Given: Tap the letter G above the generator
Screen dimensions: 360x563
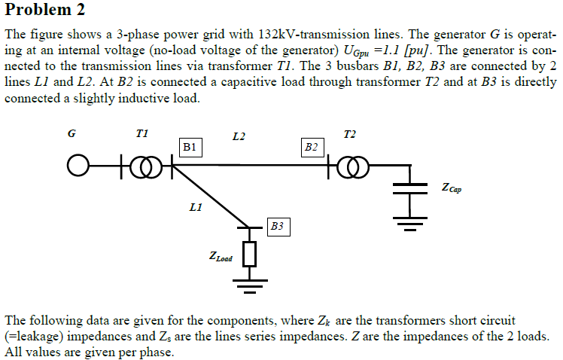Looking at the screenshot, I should coord(72,134).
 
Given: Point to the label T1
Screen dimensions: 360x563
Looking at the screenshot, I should coord(142,133).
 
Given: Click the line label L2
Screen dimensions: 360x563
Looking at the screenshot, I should coord(239,136).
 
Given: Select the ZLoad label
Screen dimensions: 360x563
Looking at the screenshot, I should coord(221,258).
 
